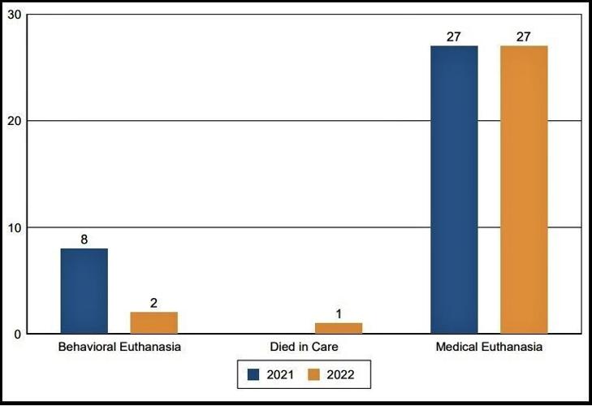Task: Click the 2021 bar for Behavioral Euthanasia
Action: [x=84, y=291]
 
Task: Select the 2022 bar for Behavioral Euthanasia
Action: [x=153, y=322]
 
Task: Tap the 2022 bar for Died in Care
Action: [x=339, y=328]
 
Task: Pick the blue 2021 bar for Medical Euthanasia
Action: [x=454, y=189]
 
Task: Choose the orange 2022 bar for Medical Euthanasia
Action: [x=524, y=189]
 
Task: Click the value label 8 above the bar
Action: [x=84, y=240]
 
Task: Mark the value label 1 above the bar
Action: [x=339, y=314]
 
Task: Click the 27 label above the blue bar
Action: [x=454, y=37]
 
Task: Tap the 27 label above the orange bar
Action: [x=524, y=37]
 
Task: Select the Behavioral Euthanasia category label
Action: [x=119, y=348]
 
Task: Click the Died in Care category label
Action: [x=304, y=348]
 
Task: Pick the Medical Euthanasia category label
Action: [x=489, y=348]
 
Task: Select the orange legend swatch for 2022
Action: [x=316, y=375]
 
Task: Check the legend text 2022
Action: [x=340, y=375]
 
